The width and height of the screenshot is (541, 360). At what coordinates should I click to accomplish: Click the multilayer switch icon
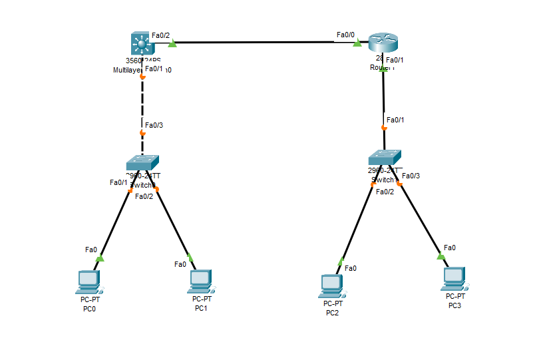click(x=141, y=45)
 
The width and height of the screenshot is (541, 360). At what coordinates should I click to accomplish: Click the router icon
click(x=383, y=43)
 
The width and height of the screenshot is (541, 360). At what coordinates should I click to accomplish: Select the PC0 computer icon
click(x=88, y=282)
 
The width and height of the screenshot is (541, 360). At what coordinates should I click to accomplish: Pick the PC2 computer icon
click(x=332, y=286)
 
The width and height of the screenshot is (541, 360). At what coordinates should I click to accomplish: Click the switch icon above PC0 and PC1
click(x=142, y=163)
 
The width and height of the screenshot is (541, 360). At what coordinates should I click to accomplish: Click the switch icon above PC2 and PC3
click(x=385, y=157)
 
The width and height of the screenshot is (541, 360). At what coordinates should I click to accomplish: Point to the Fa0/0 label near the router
click(x=345, y=35)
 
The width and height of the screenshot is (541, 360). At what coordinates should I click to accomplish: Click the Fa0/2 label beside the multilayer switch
click(x=160, y=35)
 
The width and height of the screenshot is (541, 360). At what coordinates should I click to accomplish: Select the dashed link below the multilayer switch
click(x=142, y=103)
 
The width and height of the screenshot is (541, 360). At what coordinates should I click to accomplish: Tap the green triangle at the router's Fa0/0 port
click(x=357, y=43)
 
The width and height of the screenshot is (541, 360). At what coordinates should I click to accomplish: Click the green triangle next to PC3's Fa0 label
click(x=441, y=256)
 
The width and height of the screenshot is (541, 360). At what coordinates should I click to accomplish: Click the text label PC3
click(x=454, y=305)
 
